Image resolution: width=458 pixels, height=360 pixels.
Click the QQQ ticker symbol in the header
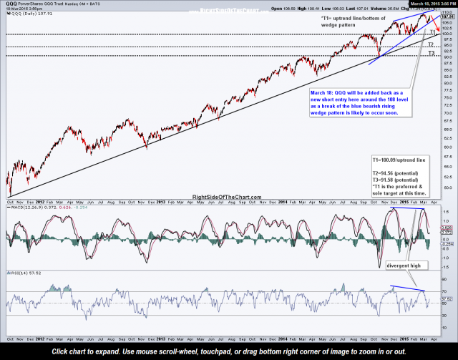pyautogui.click(x=12, y=4)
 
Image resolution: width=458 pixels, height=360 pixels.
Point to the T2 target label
pyautogui.click(x=431, y=44)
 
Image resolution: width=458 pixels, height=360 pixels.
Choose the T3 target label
pyautogui.click(x=431, y=53)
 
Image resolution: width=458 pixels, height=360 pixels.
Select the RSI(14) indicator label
pyautogui.click(x=16, y=273)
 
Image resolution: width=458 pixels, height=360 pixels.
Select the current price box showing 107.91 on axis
pyautogui.click(x=447, y=15)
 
